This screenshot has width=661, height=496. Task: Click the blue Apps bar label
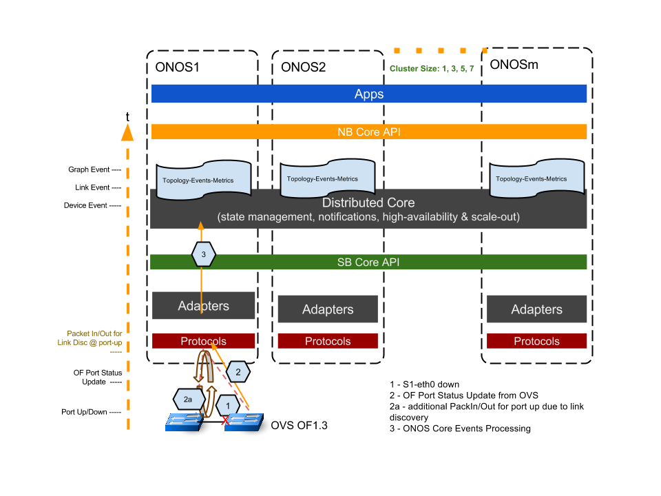pos(369,94)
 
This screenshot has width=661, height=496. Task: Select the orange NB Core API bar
pos(369,132)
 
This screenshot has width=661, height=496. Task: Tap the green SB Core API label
pos(368,262)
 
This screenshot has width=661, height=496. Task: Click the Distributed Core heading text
pos(368,203)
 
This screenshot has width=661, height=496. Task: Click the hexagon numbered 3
pos(203,255)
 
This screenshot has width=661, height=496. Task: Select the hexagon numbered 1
pos(228,406)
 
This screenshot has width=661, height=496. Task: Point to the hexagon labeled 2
pos(238,372)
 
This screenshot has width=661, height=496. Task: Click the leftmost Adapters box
pos(204,306)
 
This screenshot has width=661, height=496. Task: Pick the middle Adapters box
pos(328,309)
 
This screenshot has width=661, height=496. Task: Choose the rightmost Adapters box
pos(537,309)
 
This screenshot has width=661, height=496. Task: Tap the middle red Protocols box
pos(328,341)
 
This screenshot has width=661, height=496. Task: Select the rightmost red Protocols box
pos(537,341)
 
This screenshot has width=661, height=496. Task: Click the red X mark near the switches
pos(224,420)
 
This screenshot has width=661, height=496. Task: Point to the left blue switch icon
pos(184,422)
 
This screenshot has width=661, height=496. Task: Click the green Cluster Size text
pos(432,69)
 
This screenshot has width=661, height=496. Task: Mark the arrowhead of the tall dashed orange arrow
pos(127,131)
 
